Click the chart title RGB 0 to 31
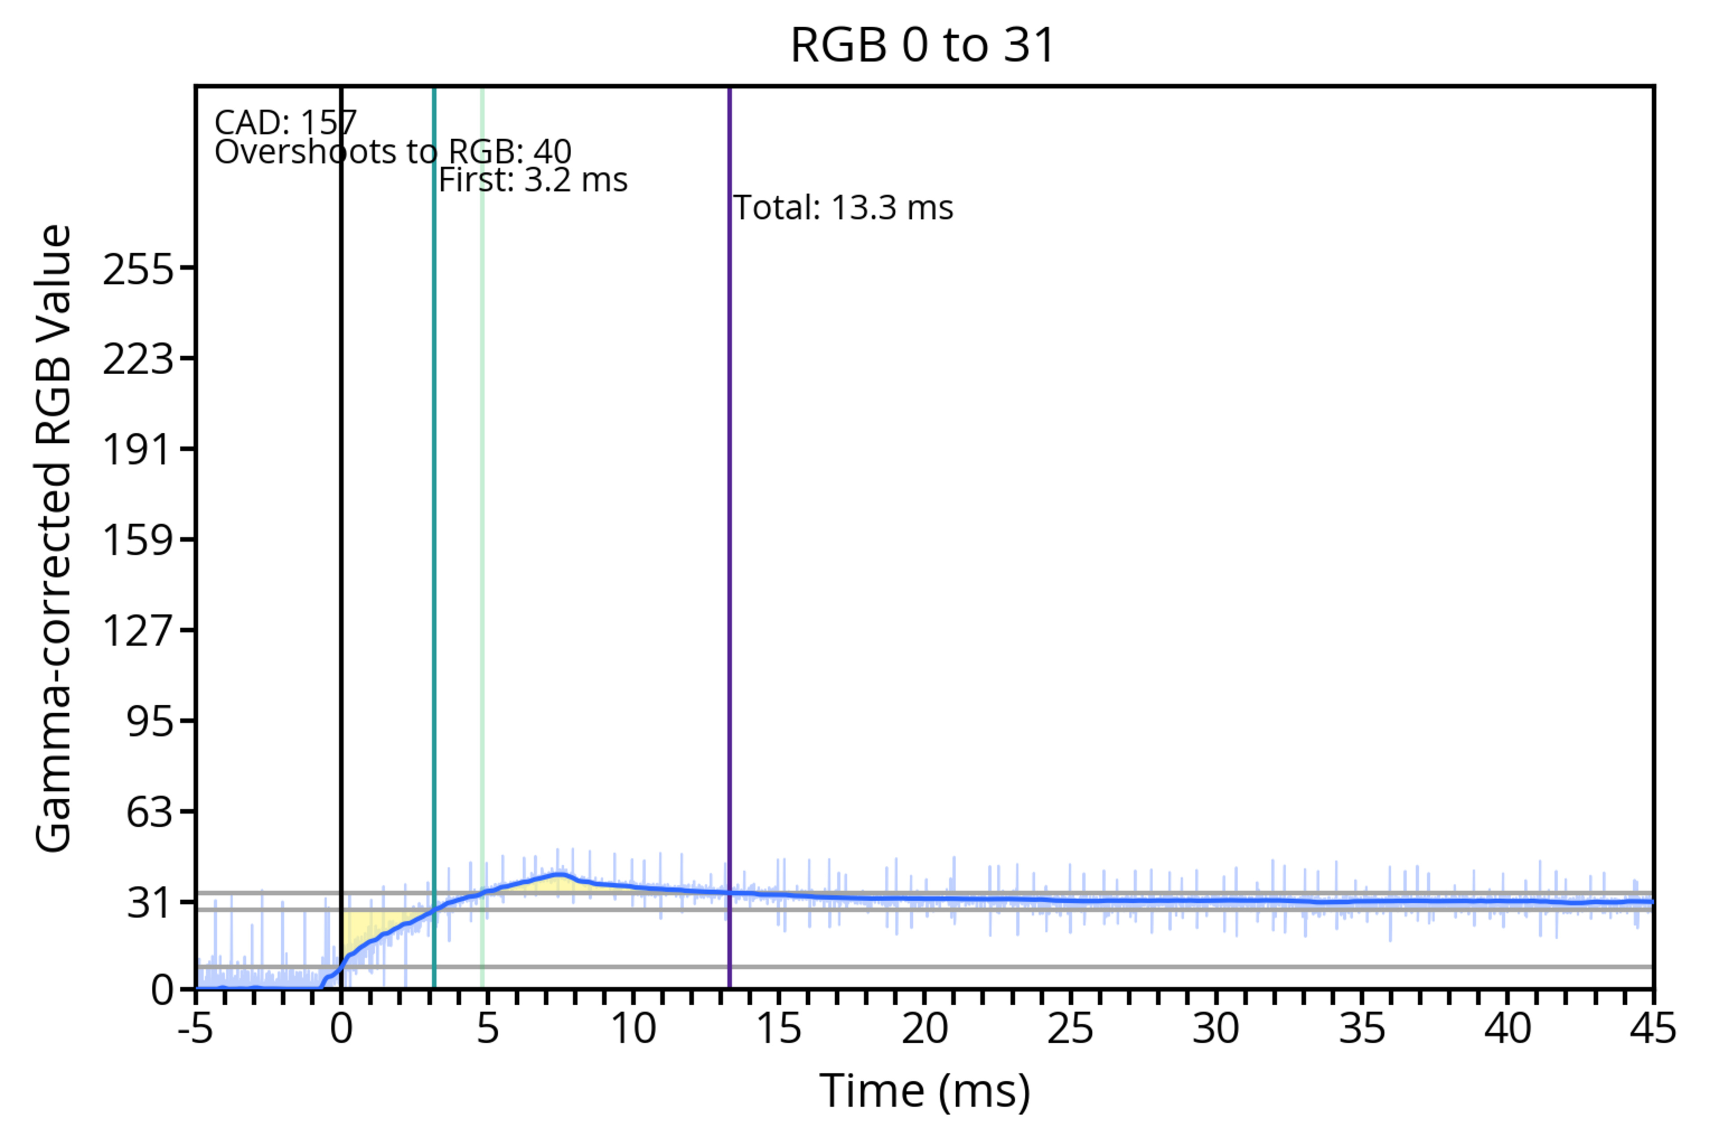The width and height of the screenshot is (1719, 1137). pos(922,45)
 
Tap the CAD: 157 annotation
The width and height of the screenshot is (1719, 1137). pos(286,123)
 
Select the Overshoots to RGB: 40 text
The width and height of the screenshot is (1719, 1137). pos(393,152)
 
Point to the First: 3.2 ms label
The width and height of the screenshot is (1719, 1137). pos(533,180)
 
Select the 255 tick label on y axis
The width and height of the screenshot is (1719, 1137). pos(138,270)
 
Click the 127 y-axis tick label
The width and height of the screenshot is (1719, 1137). pos(138,630)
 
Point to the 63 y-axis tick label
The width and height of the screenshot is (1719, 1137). pos(150,812)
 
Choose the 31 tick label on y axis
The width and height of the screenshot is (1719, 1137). pos(150,903)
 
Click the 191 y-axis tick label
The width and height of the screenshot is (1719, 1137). pos(138,449)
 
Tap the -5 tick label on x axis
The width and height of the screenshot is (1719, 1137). pos(196,1028)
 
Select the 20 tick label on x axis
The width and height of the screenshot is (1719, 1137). pos(924,1028)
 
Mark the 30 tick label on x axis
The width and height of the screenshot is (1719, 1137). pos(1216,1028)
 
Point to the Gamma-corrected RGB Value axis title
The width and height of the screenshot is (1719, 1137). pos(54,538)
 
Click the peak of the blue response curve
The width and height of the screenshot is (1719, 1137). pos(559,875)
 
